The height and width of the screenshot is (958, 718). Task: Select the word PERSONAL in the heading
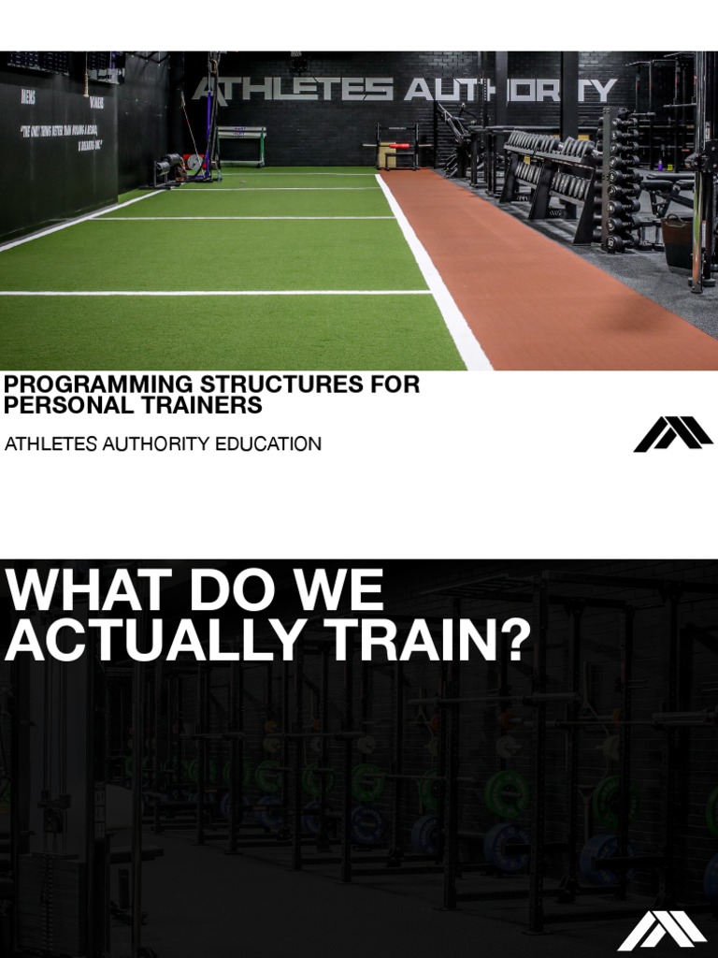click(x=69, y=405)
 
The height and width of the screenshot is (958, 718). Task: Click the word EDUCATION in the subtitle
click(x=268, y=443)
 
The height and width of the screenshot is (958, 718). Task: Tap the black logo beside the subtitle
click(x=672, y=434)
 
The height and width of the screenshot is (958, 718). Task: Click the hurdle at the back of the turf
click(x=240, y=143)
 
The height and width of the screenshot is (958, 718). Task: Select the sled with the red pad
click(x=396, y=148)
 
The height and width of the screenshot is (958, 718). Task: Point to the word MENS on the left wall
click(x=28, y=97)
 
